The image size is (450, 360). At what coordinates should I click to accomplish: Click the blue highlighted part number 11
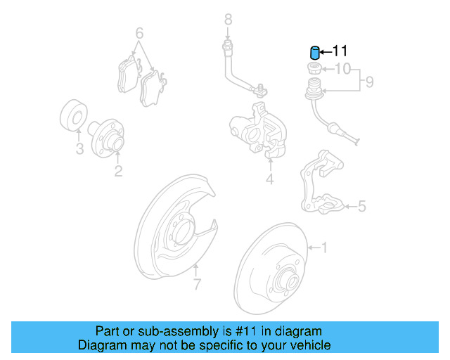tap(315, 53)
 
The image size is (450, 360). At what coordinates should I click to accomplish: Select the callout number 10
tap(342, 69)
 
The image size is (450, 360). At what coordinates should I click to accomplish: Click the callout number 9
tap(368, 82)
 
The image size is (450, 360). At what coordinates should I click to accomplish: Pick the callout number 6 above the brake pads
tap(139, 33)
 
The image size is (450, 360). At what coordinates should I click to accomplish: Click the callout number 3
tap(79, 149)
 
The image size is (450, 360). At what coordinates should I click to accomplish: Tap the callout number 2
tap(118, 170)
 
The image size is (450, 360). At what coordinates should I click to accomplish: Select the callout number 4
tap(269, 180)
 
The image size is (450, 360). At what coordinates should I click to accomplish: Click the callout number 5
tap(361, 206)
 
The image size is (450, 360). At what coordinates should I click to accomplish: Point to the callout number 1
tap(324, 247)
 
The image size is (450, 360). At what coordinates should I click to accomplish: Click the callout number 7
tap(197, 284)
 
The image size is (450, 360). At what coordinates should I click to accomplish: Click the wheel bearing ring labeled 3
tap(72, 117)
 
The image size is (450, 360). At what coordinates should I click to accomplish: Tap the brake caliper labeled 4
tap(258, 130)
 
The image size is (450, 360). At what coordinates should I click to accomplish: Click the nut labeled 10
tap(314, 69)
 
